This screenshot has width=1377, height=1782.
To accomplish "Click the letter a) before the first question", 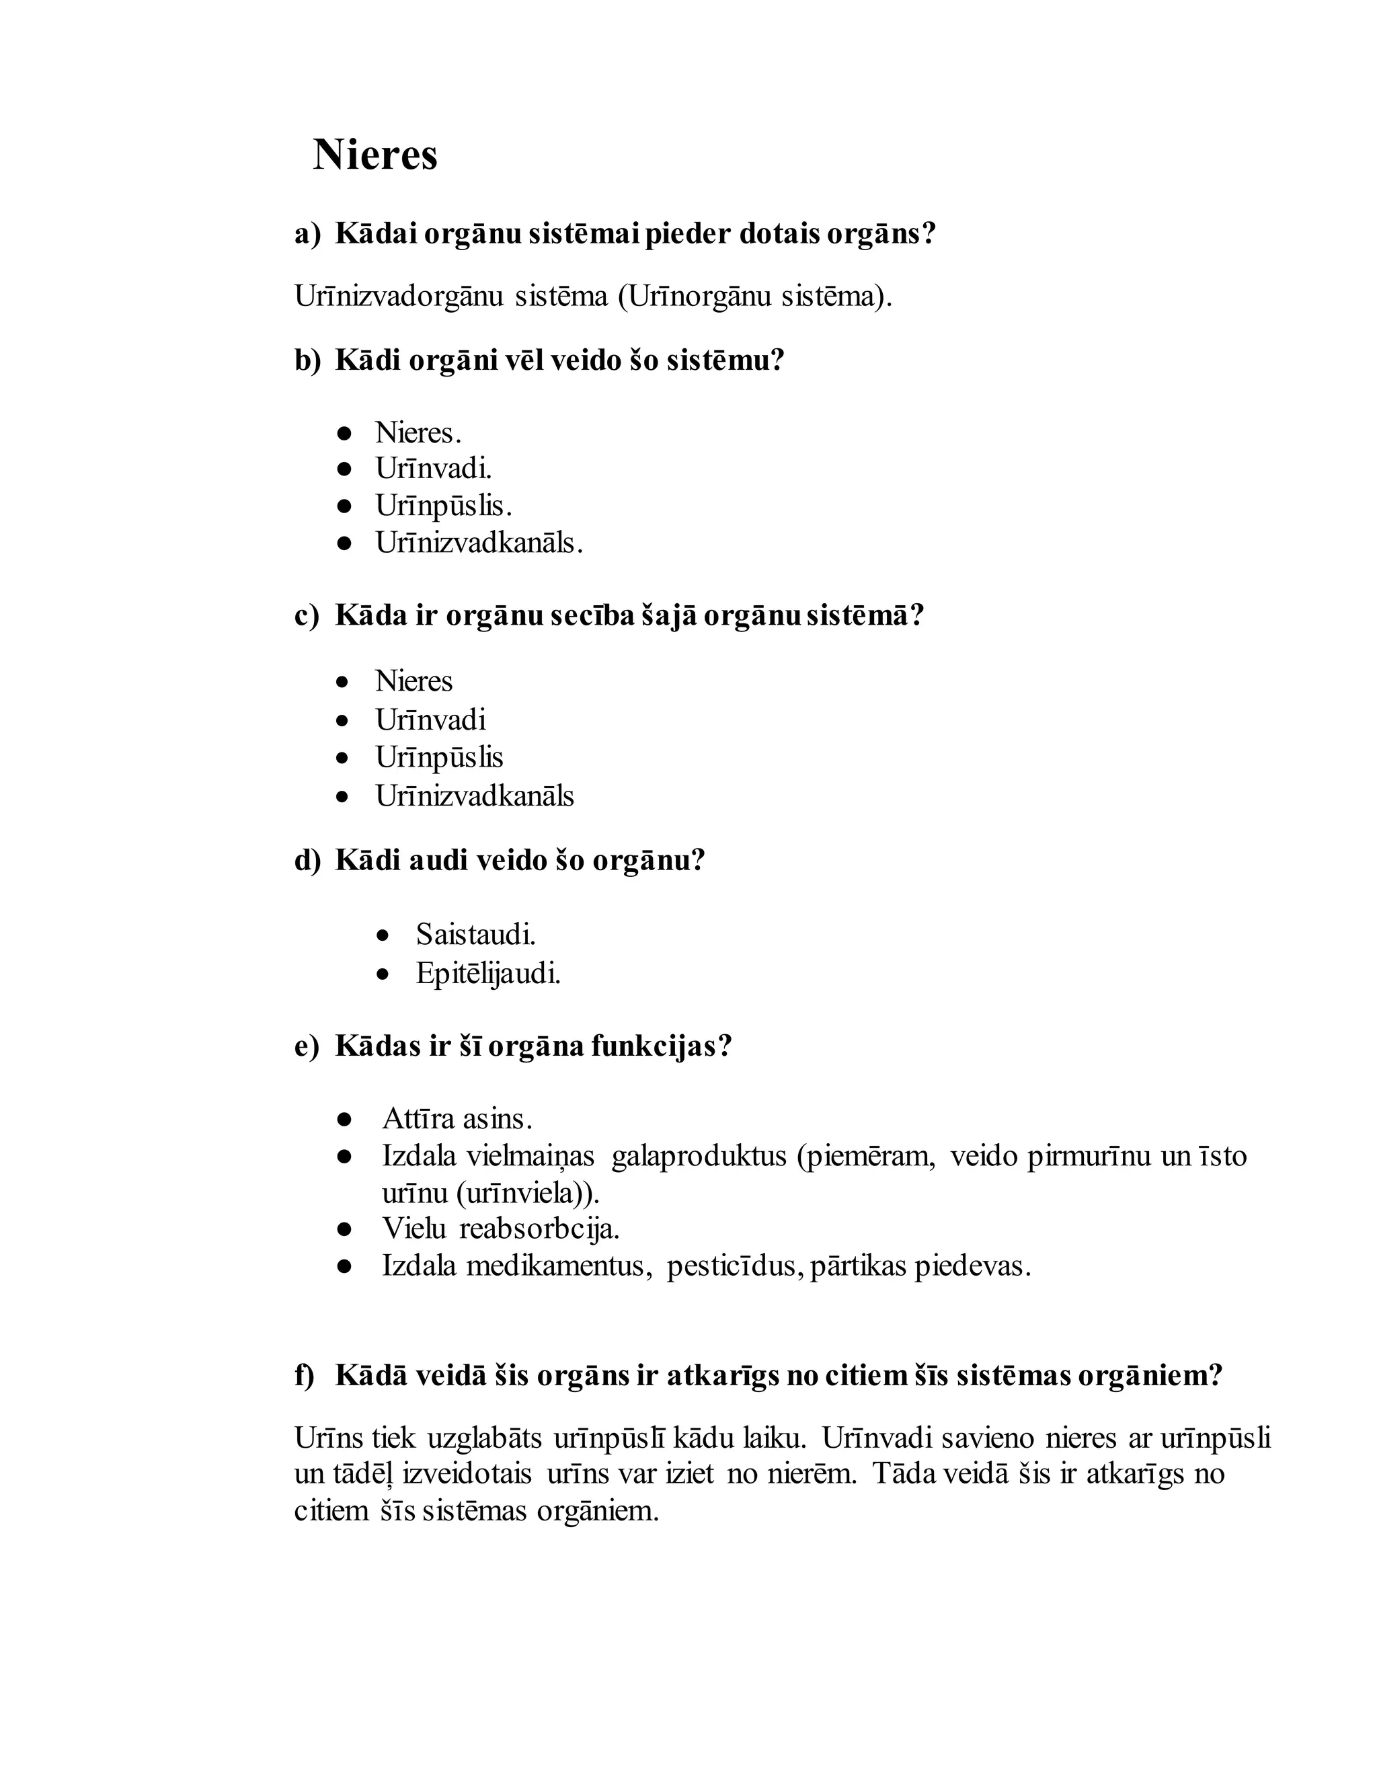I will (x=307, y=234).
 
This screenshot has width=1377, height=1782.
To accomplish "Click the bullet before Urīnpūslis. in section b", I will (x=344, y=506).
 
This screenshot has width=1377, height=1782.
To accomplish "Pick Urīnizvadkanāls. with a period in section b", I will (x=479, y=543).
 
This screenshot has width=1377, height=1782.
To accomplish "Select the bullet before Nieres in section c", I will (x=344, y=682).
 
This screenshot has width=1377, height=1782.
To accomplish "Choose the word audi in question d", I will (x=437, y=860).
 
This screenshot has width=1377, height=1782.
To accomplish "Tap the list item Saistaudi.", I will (x=475, y=934).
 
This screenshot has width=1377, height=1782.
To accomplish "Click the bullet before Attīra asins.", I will (x=344, y=1119).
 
